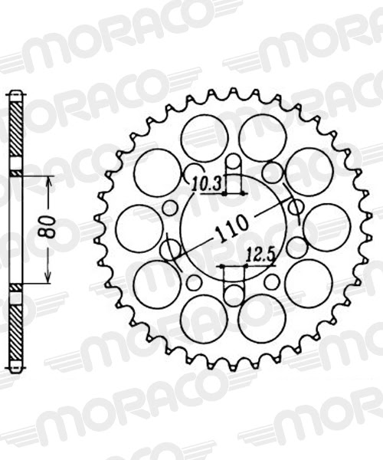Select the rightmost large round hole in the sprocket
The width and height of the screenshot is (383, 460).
tap(327, 227)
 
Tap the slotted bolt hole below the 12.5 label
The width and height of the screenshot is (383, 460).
tap(233, 289)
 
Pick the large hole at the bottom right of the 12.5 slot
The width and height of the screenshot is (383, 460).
tap(261, 318)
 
